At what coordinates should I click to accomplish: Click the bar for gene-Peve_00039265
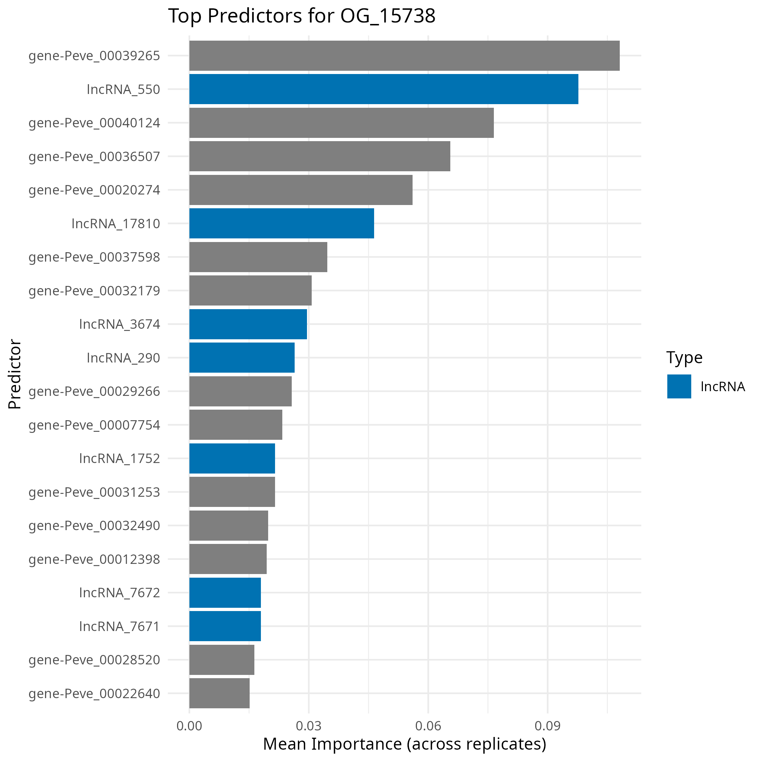pos(404,56)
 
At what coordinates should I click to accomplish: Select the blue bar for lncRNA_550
pos(384,89)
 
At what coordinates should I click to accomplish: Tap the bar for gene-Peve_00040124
pos(341,123)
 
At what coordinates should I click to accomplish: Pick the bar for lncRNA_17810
pos(281,223)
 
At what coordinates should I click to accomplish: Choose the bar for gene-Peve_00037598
pos(258,257)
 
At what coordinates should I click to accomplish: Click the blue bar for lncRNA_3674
pos(248,324)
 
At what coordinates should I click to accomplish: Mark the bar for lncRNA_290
pos(241,357)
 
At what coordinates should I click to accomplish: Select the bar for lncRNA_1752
pos(232,458)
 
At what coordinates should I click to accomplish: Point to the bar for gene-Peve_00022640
pos(219,693)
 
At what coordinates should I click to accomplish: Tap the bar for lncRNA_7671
pos(225,626)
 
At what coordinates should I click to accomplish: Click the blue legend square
pos(679,386)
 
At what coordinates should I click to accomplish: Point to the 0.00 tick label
pos(189,726)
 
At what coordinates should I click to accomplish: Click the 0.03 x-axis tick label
pos(308,726)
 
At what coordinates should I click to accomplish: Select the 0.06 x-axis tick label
pos(428,726)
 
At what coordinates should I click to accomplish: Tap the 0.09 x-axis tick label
pos(548,726)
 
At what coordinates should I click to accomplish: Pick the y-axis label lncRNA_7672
pos(119,593)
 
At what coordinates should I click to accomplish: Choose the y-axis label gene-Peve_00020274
pos(94,190)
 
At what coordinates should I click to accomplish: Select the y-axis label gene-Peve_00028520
pos(94,660)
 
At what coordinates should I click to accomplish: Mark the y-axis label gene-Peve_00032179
pos(94,291)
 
